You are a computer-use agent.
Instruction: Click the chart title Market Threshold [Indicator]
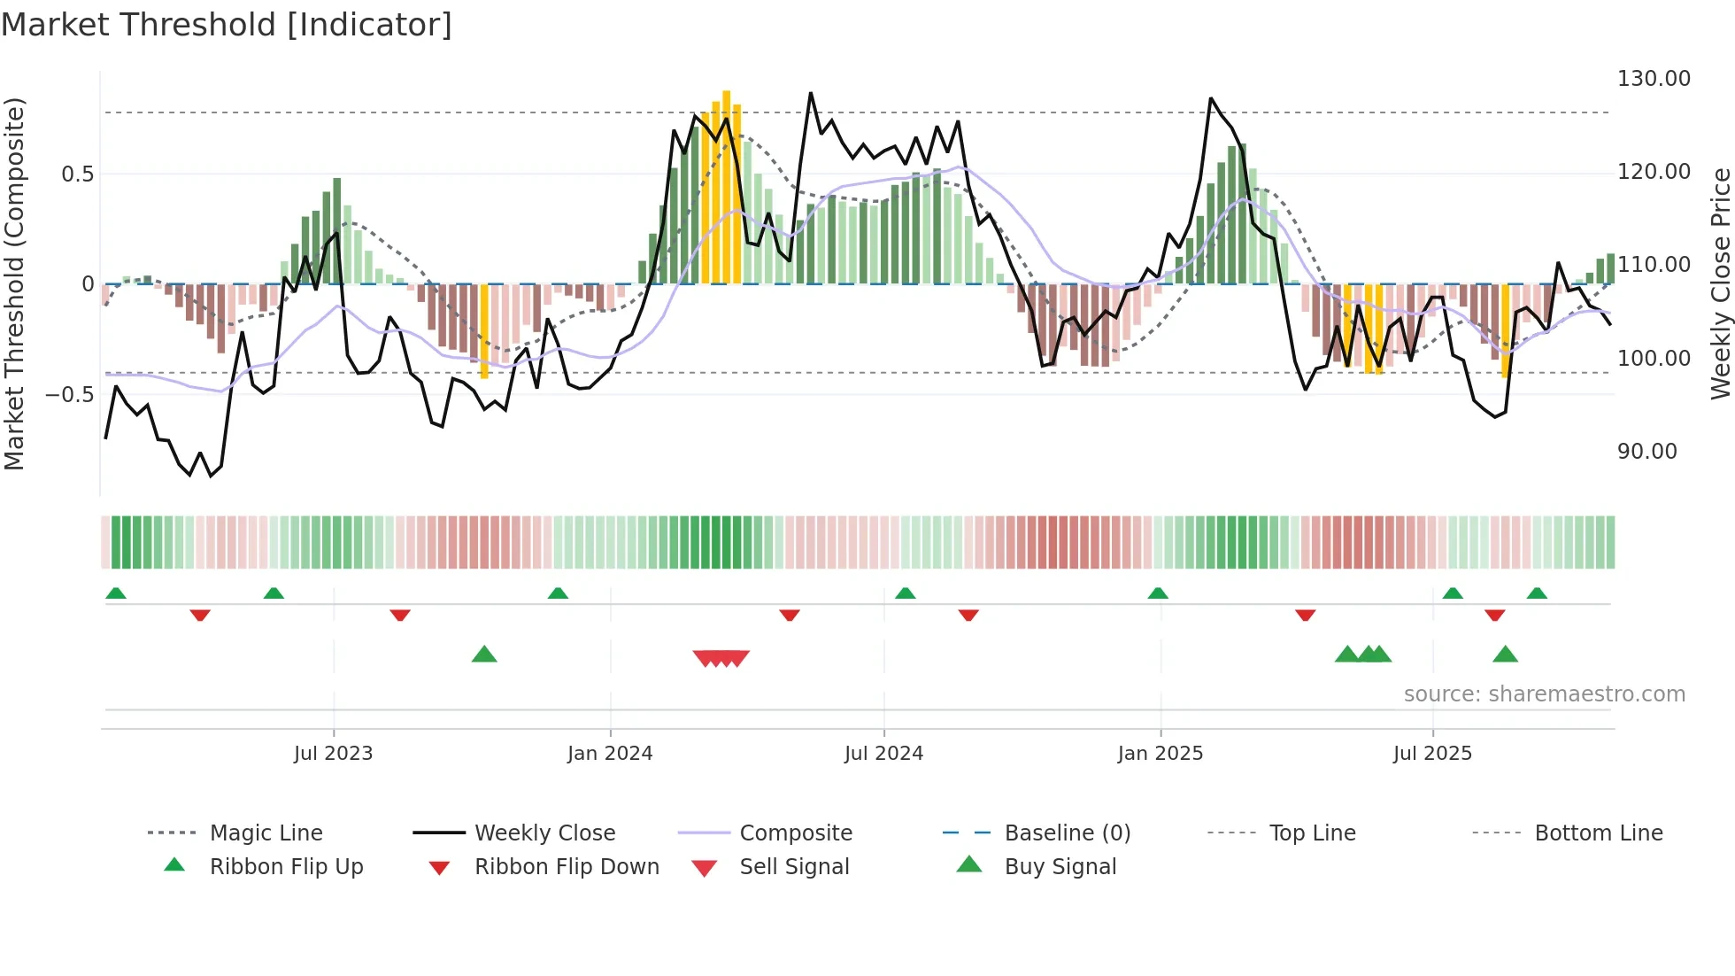pyautogui.click(x=227, y=25)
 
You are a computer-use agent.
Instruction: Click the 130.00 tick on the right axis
pyautogui.click(x=1653, y=79)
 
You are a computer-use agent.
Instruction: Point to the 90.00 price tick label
pyautogui.click(x=1646, y=452)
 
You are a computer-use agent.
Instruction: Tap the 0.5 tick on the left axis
pyautogui.click(x=77, y=174)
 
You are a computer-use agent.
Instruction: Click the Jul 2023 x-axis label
pyautogui.click(x=333, y=754)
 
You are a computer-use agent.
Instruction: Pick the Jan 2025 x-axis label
pyautogui.click(x=1160, y=754)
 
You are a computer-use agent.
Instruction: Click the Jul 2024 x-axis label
pyautogui.click(x=883, y=754)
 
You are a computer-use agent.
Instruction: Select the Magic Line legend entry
pyautogui.click(x=266, y=833)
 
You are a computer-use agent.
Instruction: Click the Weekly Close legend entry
pyautogui.click(x=544, y=833)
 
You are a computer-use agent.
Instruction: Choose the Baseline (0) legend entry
pyautogui.click(x=1067, y=833)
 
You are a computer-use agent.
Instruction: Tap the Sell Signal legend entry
pyautogui.click(x=794, y=867)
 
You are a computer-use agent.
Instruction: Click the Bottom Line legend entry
pyautogui.click(x=1598, y=833)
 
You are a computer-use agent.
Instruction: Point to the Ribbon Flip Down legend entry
pyautogui.click(x=567, y=867)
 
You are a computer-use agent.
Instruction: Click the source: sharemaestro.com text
pyautogui.click(x=1544, y=694)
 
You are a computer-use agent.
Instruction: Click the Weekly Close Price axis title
pyautogui.click(x=1720, y=283)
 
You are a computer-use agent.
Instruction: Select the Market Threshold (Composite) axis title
pyautogui.click(x=14, y=283)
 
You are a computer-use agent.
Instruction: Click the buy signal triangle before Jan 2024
pyautogui.click(x=484, y=655)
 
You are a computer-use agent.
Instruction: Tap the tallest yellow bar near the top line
pyautogui.click(x=726, y=186)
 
